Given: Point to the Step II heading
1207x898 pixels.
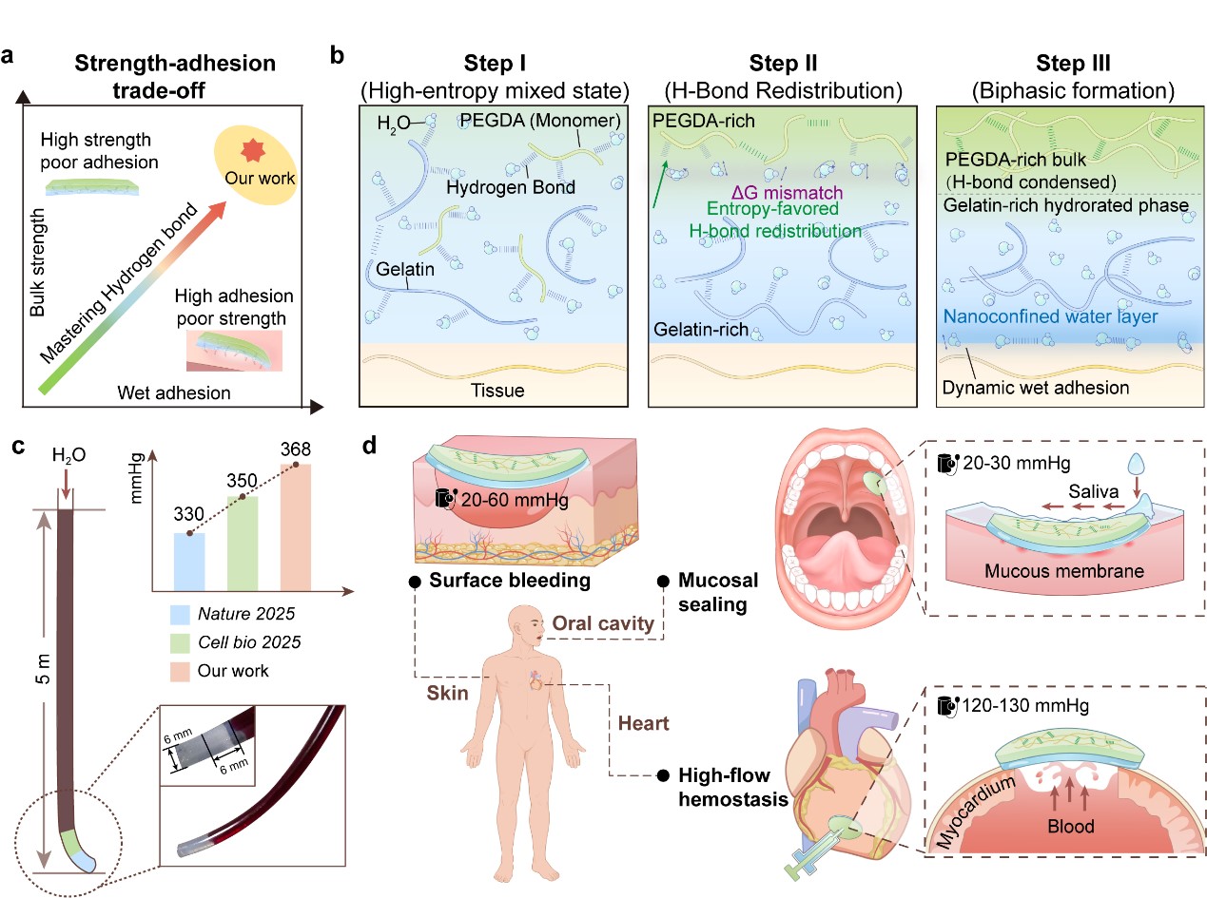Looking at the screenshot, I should [782, 65].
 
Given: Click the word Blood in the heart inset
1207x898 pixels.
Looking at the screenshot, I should [1045, 825].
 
